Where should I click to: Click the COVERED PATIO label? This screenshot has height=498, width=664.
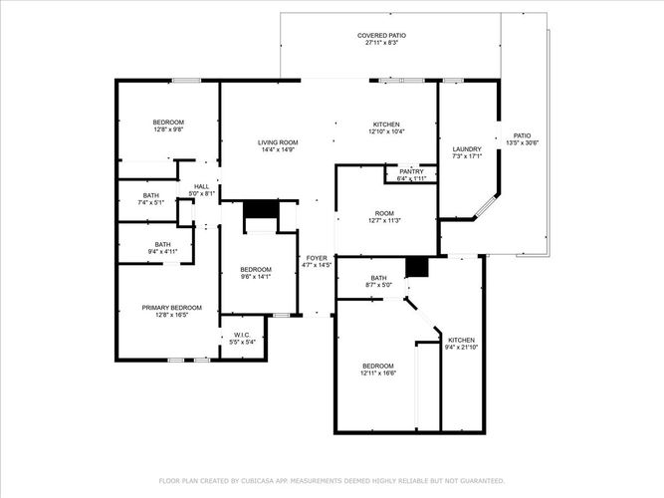pos(381,36)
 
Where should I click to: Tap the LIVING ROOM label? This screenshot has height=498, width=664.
pos(278,142)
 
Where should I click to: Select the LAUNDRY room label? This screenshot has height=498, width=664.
pos(467,149)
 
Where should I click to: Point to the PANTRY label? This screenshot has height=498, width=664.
pos(411,171)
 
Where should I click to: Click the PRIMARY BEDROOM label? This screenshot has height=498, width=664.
pos(171,308)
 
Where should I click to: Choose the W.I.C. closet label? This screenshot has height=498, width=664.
pos(242,335)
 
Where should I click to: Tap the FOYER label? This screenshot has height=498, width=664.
pos(317,258)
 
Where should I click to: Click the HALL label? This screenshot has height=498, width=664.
pos(201,186)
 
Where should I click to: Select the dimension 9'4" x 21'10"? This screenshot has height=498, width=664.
pos(461,348)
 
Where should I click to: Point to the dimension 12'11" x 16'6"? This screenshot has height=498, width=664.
pos(378,373)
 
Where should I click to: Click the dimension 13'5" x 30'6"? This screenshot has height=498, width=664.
pos(522,142)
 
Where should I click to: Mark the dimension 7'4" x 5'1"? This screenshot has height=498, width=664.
pos(150,202)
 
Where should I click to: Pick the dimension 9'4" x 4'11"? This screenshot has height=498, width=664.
pos(162,251)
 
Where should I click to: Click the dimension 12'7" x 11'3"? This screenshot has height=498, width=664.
pos(384,220)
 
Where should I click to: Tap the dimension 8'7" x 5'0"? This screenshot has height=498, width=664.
pos(378,285)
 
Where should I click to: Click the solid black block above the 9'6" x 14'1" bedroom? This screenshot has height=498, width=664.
pos(261,210)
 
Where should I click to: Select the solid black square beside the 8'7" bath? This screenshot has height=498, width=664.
pos(417,267)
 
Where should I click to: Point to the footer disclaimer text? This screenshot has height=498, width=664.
pos(332,481)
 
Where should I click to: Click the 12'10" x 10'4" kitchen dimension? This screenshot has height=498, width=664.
pos(386,131)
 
